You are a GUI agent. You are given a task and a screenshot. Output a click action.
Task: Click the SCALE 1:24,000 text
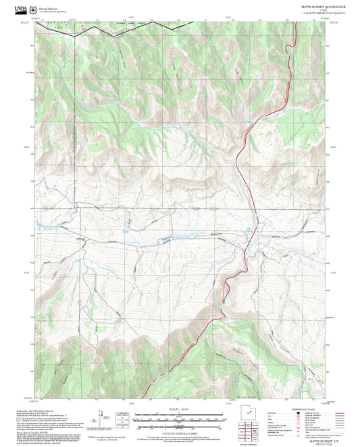[180, 409]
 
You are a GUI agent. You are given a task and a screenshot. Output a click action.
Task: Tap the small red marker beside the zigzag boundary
[84, 30]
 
